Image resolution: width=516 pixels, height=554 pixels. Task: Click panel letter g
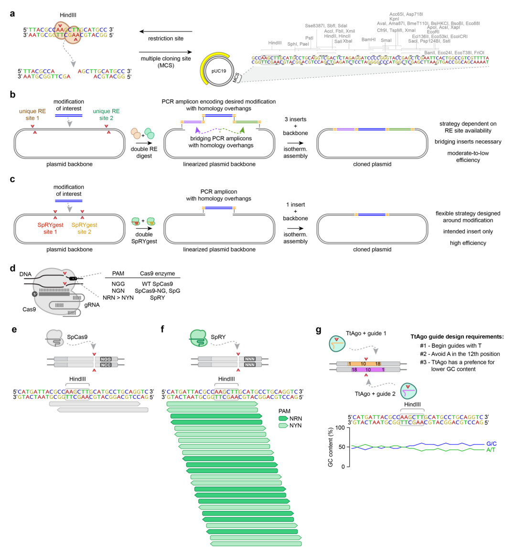319,330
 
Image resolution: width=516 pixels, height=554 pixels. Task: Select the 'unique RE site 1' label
32,115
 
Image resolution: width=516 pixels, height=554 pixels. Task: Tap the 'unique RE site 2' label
106,115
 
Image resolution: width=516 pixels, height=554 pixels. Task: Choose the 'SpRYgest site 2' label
85,228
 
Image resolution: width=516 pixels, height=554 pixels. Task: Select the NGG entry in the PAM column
118,284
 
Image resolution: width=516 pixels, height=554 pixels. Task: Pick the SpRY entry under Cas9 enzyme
157,298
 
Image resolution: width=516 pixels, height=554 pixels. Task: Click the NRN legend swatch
283,418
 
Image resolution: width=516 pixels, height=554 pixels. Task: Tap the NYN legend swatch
283,425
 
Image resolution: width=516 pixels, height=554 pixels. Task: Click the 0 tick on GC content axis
342,467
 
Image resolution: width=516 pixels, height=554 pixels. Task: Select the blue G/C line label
491,444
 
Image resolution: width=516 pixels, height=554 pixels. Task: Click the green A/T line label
491,450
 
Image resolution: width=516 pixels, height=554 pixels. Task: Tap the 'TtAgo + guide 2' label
375,394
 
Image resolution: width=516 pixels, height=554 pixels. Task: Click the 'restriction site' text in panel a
166,39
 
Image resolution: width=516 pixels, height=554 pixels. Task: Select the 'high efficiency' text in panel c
468,243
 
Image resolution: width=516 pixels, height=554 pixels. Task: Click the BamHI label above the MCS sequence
368,40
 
